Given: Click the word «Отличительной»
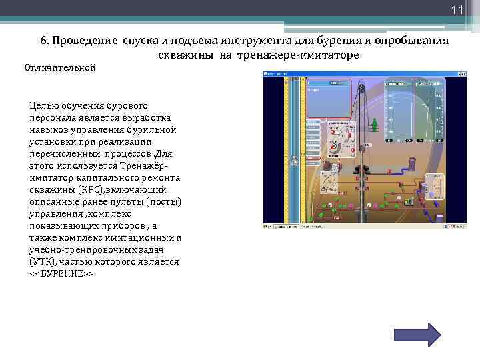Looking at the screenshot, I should [x=61, y=68].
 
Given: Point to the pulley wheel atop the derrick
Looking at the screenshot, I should [x=361, y=87].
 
